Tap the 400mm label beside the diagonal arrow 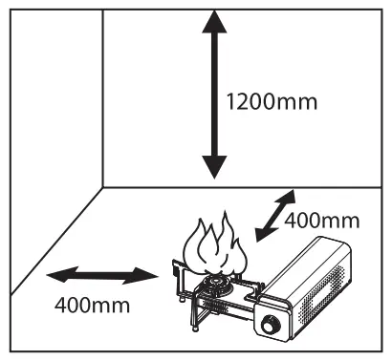322,221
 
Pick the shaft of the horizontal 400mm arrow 100,276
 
